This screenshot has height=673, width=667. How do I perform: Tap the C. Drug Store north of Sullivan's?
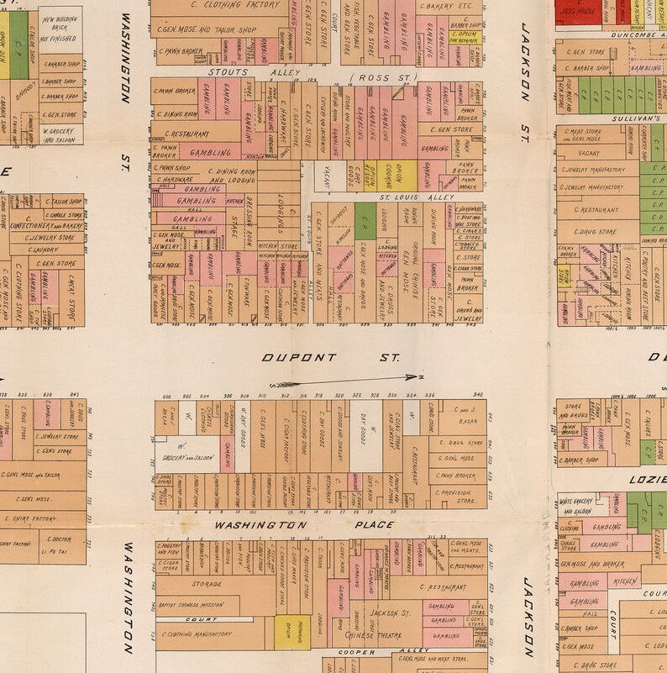[x=596, y=232]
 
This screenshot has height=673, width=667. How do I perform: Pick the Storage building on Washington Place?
[x=207, y=584]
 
